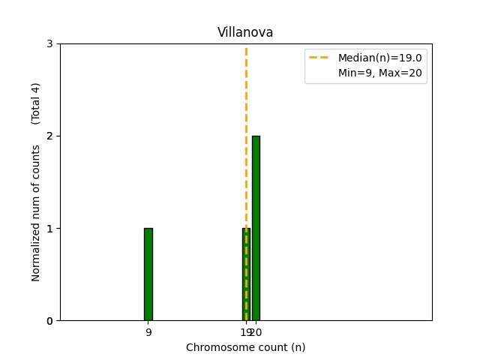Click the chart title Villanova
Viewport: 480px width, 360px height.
point(245,32)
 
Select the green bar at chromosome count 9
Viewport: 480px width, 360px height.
point(148,274)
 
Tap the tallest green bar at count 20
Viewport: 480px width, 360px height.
point(256,229)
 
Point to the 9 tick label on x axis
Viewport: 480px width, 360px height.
point(148,331)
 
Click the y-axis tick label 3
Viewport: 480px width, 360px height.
point(49,43)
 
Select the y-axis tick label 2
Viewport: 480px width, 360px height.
point(49,136)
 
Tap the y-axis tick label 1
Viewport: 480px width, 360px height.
point(49,228)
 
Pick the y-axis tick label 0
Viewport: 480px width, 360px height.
point(49,321)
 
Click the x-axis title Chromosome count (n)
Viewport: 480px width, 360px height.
point(245,347)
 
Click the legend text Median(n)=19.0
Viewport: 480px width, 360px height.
point(379,58)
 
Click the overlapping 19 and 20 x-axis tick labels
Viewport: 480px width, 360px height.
point(250,331)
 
